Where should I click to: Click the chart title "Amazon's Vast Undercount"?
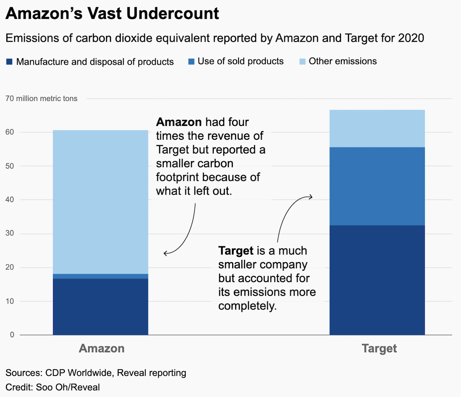112,14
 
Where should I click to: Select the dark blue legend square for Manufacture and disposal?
9,62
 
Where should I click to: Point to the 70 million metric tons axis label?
41,99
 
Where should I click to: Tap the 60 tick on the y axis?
10,132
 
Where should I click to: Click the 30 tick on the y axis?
10,234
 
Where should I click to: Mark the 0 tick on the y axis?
12,335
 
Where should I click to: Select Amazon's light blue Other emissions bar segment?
100,202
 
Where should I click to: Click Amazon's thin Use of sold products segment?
100,276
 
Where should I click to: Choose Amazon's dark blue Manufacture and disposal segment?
100,307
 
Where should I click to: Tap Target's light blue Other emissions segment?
377,128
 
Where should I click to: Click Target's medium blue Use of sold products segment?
377,186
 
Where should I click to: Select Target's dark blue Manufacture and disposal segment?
377,280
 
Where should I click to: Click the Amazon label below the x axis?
102,348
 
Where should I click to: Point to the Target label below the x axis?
379,348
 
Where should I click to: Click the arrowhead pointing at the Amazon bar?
165,253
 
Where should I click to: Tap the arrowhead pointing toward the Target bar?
311,197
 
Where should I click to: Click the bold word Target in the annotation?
236,251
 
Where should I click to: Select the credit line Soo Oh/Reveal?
53,387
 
